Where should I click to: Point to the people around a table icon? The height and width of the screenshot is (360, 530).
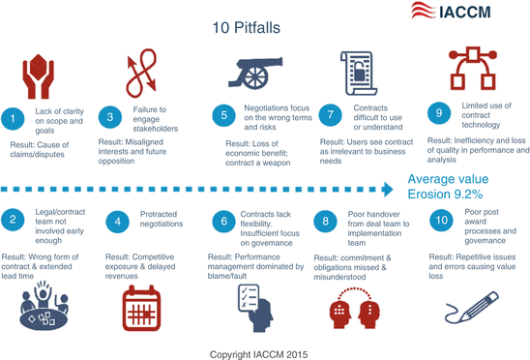click(x=40, y=307)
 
